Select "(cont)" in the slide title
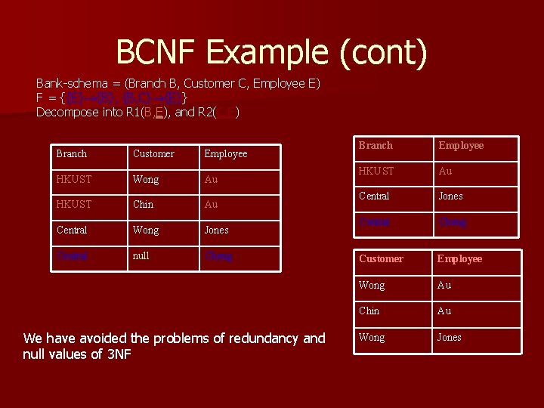pyautogui.click(x=384, y=52)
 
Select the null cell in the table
pyautogui.click(x=141, y=256)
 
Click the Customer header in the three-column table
pyautogui.click(x=153, y=153)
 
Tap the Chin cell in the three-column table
pyautogui.click(x=143, y=204)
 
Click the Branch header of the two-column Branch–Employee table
pyautogui.click(x=376, y=145)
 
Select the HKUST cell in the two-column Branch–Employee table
pyautogui.click(x=377, y=171)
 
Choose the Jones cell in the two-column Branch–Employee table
pyautogui.click(x=451, y=196)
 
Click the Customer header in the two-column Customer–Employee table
pyautogui.click(x=381, y=258)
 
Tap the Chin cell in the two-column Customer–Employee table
pyautogui.click(x=369, y=311)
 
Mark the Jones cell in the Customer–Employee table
pyautogui.click(x=449, y=337)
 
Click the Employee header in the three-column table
pyautogui.click(x=226, y=153)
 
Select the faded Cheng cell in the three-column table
pyautogui.click(x=219, y=256)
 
